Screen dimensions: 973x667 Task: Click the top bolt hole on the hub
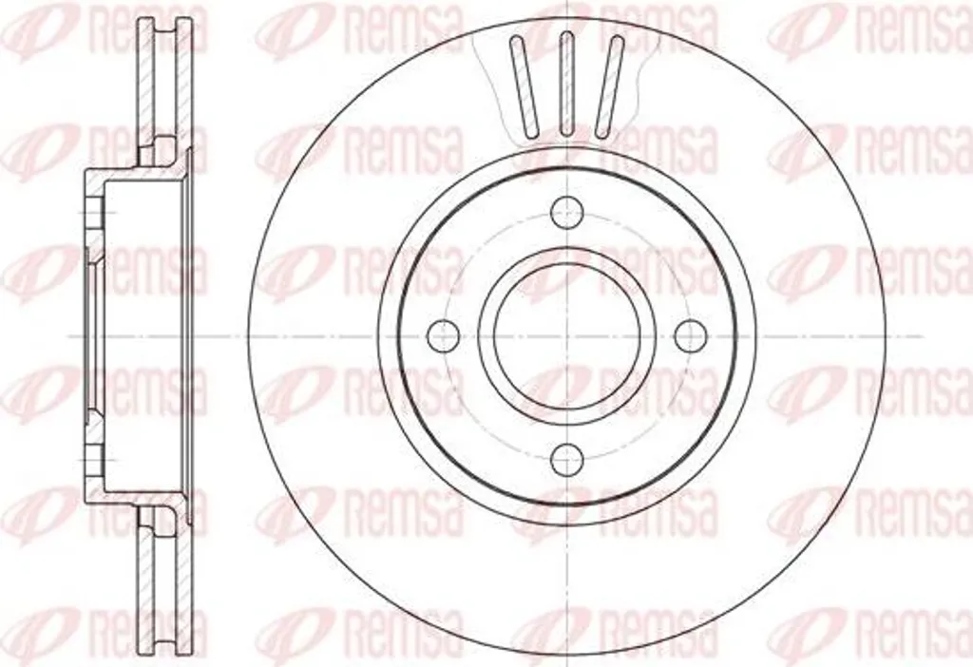pyautogui.click(x=568, y=213)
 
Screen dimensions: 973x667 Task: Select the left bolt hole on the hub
pyautogui.click(x=444, y=335)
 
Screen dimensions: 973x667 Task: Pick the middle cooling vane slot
pyautogui.click(x=566, y=84)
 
